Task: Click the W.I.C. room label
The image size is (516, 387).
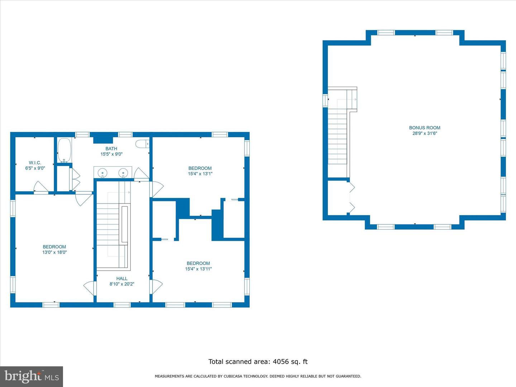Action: [x=35, y=163]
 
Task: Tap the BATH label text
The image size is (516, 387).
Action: [x=111, y=148]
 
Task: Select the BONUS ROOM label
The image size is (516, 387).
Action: [x=425, y=128]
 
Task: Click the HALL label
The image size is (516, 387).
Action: [x=122, y=278]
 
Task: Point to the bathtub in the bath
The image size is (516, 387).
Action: [x=64, y=150]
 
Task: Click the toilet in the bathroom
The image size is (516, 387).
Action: [x=142, y=144]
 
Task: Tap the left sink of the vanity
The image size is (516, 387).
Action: [x=102, y=173]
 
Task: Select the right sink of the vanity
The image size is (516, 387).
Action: [x=123, y=173]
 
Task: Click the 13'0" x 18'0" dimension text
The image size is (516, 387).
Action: [x=54, y=252]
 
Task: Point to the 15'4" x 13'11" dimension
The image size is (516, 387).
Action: [x=199, y=269]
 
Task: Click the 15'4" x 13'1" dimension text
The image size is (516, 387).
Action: [x=200, y=174]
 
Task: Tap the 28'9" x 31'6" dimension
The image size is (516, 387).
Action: [x=425, y=133]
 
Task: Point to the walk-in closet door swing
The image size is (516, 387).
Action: [x=41, y=187]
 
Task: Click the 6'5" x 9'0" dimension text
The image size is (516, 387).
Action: [x=35, y=168]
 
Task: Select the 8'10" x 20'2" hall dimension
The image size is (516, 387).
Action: [x=122, y=284]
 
